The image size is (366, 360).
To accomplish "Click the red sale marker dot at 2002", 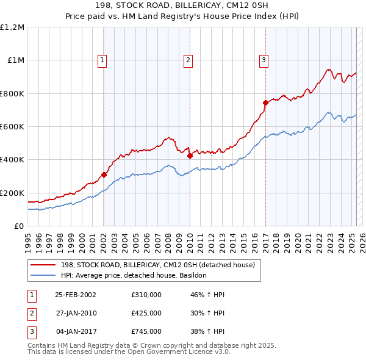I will tap(104, 175).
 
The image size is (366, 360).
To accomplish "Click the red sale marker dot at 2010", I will tap(189, 156).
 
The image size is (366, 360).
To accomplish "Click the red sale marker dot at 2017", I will tap(265, 103).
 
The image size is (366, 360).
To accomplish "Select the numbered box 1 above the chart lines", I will tap(101, 60).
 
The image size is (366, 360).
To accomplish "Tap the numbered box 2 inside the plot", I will tap(188, 60).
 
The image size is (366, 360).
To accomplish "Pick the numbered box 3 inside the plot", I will tap(264, 60).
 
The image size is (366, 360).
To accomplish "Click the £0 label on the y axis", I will tap(20, 226).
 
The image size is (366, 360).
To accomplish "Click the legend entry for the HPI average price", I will tap(134, 275).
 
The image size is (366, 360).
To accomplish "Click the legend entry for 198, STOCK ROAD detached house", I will tap(161, 265).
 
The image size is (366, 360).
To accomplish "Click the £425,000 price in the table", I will tap(146, 313).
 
